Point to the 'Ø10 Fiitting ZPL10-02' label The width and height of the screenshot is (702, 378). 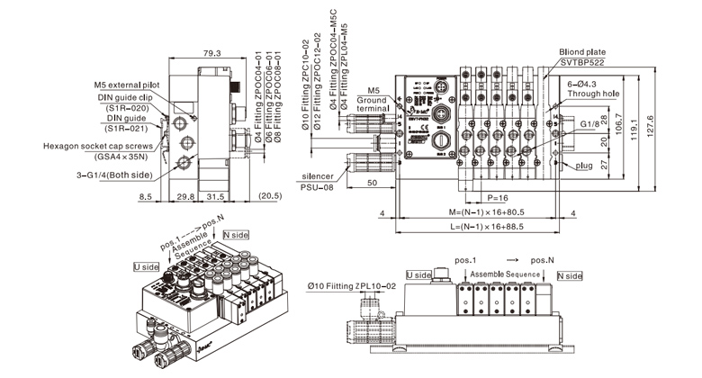352,285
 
